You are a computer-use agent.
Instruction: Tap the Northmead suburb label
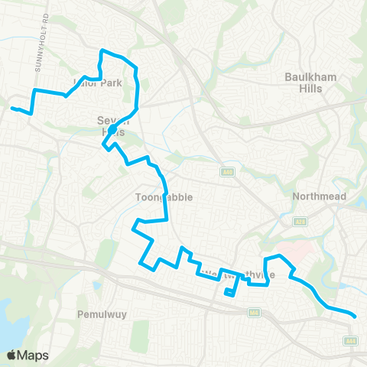click(320, 196)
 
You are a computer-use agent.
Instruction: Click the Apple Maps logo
click(27, 355)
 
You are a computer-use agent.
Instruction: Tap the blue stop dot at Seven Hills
click(112, 130)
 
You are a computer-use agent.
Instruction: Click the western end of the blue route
click(12, 109)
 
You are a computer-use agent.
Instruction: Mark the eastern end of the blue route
click(356, 315)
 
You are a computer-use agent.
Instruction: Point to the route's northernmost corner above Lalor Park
click(102, 51)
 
